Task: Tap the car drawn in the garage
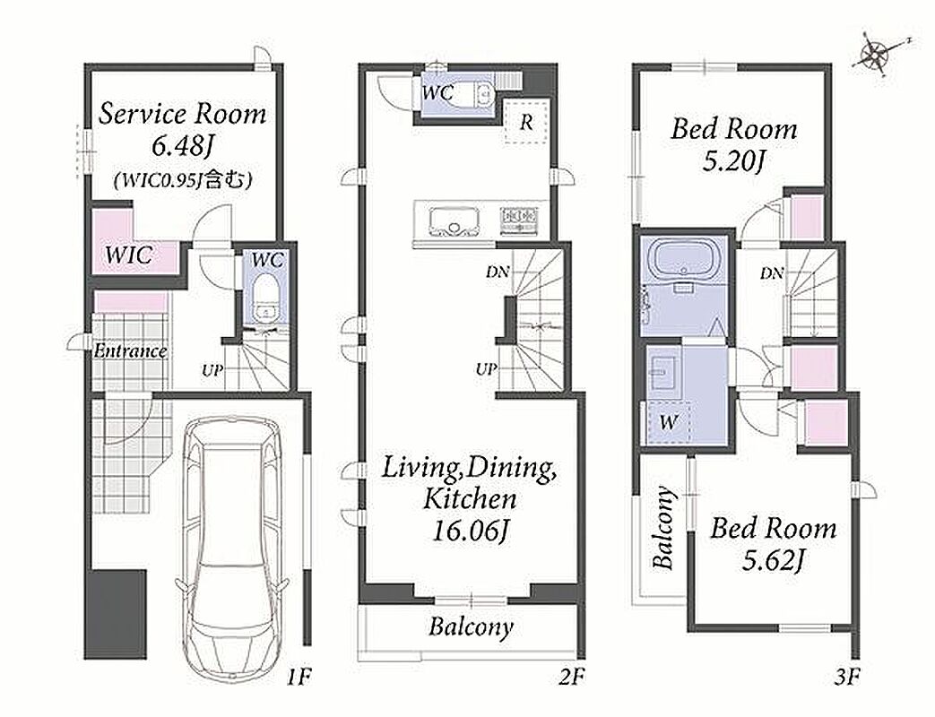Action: pyautogui.click(x=232, y=545)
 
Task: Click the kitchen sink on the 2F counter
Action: pyautogui.click(x=454, y=221)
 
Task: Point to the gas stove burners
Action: pyautogui.click(x=519, y=219)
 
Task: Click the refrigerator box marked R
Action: pyautogui.click(x=526, y=122)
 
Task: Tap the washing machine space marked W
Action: pyautogui.click(x=669, y=422)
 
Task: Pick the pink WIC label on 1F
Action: pyautogui.click(x=129, y=255)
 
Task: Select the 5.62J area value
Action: pyautogui.click(x=774, y=560)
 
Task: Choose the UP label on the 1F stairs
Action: pyautogui.click(x=212, y=370)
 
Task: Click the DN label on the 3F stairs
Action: pyautogui.click(x=772, y=273)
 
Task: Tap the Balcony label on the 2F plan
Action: pyautogui.click(x=471, y=627)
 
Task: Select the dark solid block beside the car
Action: pyautogui.click(x=115, y=614)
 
